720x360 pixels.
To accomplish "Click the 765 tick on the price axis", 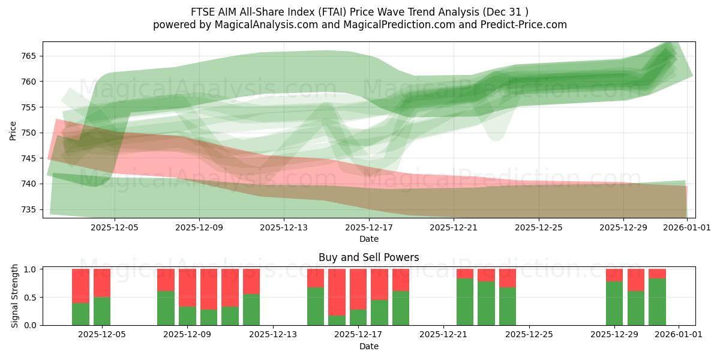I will tap(29, 56).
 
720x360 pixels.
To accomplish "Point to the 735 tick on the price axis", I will tap(29, 209).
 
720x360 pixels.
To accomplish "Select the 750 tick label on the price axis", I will tap(29, 133).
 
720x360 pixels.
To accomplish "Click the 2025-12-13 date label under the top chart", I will tap(284, 227).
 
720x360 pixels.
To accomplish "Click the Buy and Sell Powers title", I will tap(368, 257).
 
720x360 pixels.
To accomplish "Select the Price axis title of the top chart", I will tap(13, 130).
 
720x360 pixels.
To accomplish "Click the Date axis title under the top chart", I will tap(368, 239).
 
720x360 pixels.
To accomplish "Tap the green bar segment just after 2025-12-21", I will tap(465, 302).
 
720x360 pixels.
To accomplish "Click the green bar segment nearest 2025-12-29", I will tap(614, 303).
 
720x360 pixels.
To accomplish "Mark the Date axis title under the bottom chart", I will tap(368, 346).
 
